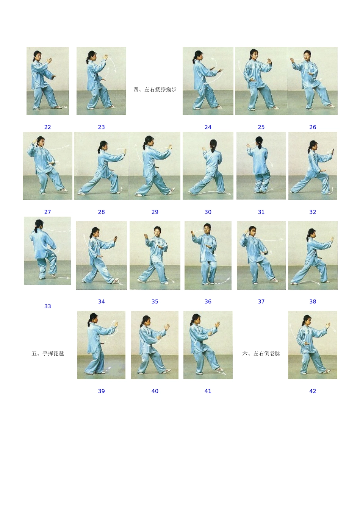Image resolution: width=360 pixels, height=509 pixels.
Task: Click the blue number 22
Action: point(47,127)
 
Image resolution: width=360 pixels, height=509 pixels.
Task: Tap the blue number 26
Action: point(313,127)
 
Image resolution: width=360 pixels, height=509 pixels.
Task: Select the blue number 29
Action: point(155,212)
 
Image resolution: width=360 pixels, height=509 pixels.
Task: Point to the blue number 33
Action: point(47,306)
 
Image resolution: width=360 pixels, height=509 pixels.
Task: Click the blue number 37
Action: point(261,301)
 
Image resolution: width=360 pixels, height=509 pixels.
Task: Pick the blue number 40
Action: point(155,391)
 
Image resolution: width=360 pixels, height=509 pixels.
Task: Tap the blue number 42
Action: point(313,391)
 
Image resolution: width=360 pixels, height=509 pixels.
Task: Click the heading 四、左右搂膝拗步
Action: point(155,89)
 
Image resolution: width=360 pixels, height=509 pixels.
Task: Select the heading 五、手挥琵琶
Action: point(48,354)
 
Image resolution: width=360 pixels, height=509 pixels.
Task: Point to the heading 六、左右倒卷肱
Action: point(261,354)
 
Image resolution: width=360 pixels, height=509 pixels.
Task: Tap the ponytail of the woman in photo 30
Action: point(213,149)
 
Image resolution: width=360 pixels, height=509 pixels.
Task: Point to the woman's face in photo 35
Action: point(157,232)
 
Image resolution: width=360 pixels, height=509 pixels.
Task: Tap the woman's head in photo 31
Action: point(259,141)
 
